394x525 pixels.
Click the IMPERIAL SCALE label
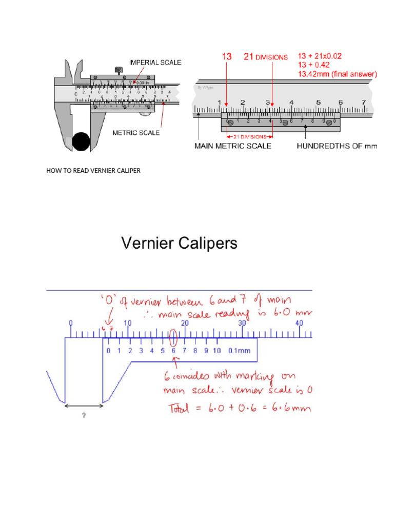pyautogui.click(x=155, y=63)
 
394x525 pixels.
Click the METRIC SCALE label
pyautogui.click(x=136, y=133)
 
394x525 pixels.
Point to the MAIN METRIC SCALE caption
pyautogui.click(x=232, y=146)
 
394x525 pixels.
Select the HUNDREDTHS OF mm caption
pyautogui.click(x=337, y=146)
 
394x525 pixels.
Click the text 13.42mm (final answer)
pyautogui.click(x=338, y=74)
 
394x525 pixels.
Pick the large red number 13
pyautogui.click(x=227, y=57)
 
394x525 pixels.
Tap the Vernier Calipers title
pyautogui.click(x=179, y=243)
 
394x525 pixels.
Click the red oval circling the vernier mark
pyautogui.click(x=173, y=337)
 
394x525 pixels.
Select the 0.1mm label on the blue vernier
pyautogui.click(x=239, y=351)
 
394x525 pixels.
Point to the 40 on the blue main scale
pyautogui.click(x=300, y=324)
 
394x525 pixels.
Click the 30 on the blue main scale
pyautogui.click(x=243, y=324)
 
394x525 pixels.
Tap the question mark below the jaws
pyautogui.click(x=84, y=416)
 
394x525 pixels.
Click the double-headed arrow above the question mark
pyautogui.click(x=84, y=405)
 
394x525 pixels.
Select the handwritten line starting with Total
pyautogui.click(x=239, y=409)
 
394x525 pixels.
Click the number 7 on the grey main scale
pyautogui.click(x=363, y=102)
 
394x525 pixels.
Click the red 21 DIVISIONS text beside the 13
pyautogui.click(x=265, y=57)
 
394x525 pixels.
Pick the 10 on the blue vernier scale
pyautogui.click(x=217, y=351)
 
